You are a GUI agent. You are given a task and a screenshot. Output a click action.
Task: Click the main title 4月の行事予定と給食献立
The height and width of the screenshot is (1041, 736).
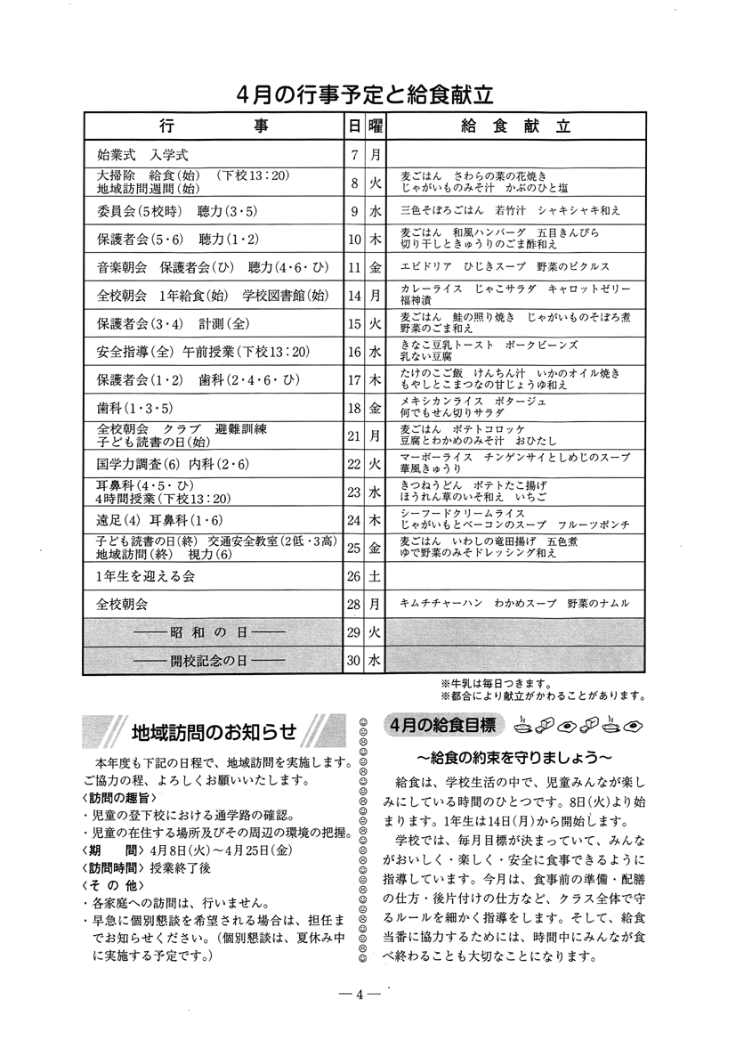click(366, 94)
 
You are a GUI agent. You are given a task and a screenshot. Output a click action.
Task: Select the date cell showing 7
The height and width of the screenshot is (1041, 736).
click(354, 154)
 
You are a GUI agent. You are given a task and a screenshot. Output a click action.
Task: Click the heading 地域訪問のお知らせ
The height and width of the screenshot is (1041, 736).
click(213, 732)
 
